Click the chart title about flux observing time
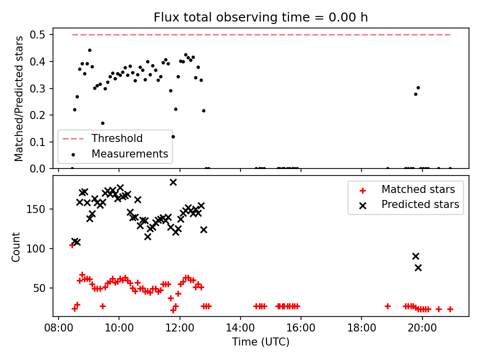tap(260, 17)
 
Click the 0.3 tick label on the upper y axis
tap(37, 88)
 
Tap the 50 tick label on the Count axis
tap(39, 288)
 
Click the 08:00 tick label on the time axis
tap(59, 328)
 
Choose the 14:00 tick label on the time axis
tap(240, 328)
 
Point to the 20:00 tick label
tap(422, 328)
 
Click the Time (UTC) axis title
tap(260, 342)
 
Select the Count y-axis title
tap(15, 247)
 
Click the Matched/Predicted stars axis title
tap(18, 98)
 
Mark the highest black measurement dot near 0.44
tap(89, 50)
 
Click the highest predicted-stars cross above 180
tap(173, 182)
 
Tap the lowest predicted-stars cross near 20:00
tap(418, 268)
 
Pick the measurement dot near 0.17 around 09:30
tap(103, 123)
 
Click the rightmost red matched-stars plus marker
tap(450, 309)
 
